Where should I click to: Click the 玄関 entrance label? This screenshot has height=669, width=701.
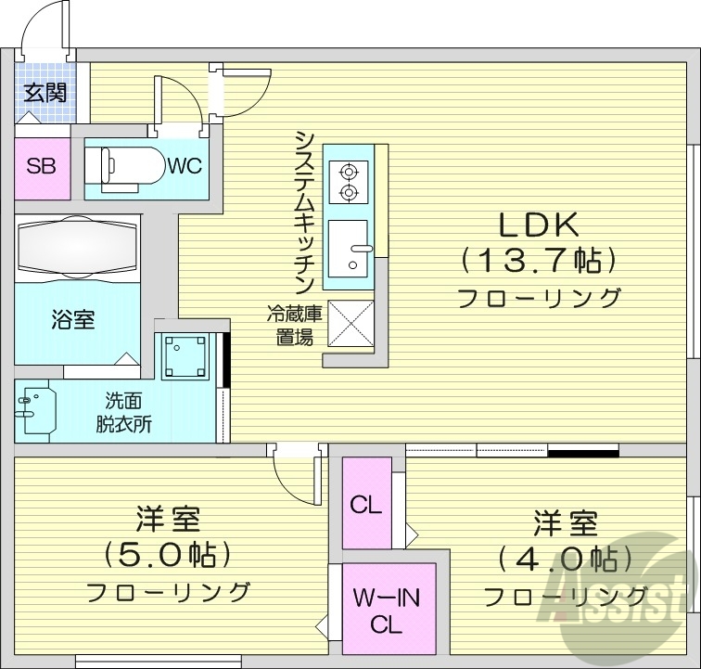44,93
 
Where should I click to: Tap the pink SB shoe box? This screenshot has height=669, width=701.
42,167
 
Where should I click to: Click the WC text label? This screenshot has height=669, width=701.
185,166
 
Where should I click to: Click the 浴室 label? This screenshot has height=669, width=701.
72,320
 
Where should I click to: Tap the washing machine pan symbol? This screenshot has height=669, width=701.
187,355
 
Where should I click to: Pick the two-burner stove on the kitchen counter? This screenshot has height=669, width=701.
349,182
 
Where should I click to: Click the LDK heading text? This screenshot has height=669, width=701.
539,225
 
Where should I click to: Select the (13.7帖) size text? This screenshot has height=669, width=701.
539,261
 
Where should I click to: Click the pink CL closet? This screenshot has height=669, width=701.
365,507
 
